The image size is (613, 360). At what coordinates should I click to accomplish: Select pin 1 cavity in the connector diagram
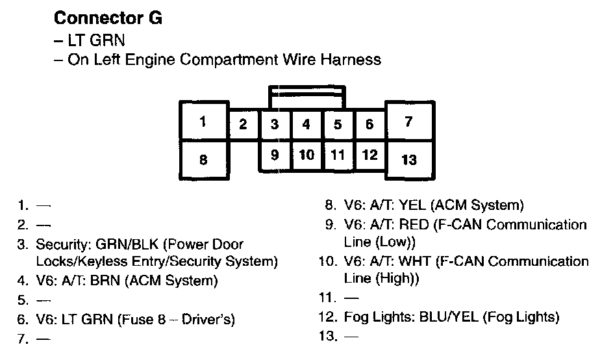(203, 122)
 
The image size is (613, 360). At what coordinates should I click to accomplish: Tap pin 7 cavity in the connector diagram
(408, 122)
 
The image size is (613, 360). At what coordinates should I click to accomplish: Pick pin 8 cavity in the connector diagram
(203, 159)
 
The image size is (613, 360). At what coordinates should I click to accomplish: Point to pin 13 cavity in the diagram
(408, 159)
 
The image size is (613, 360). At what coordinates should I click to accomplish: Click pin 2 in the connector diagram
(243, 124)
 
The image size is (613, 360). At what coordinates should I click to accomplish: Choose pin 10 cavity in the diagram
(306, 155)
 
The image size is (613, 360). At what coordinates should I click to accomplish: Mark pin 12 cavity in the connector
(369, 155)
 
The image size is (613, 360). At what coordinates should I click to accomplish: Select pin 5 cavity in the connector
(338, 124)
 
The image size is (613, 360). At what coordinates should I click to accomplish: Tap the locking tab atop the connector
(306, 94)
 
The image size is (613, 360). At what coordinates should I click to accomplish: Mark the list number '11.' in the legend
(328, 299)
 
